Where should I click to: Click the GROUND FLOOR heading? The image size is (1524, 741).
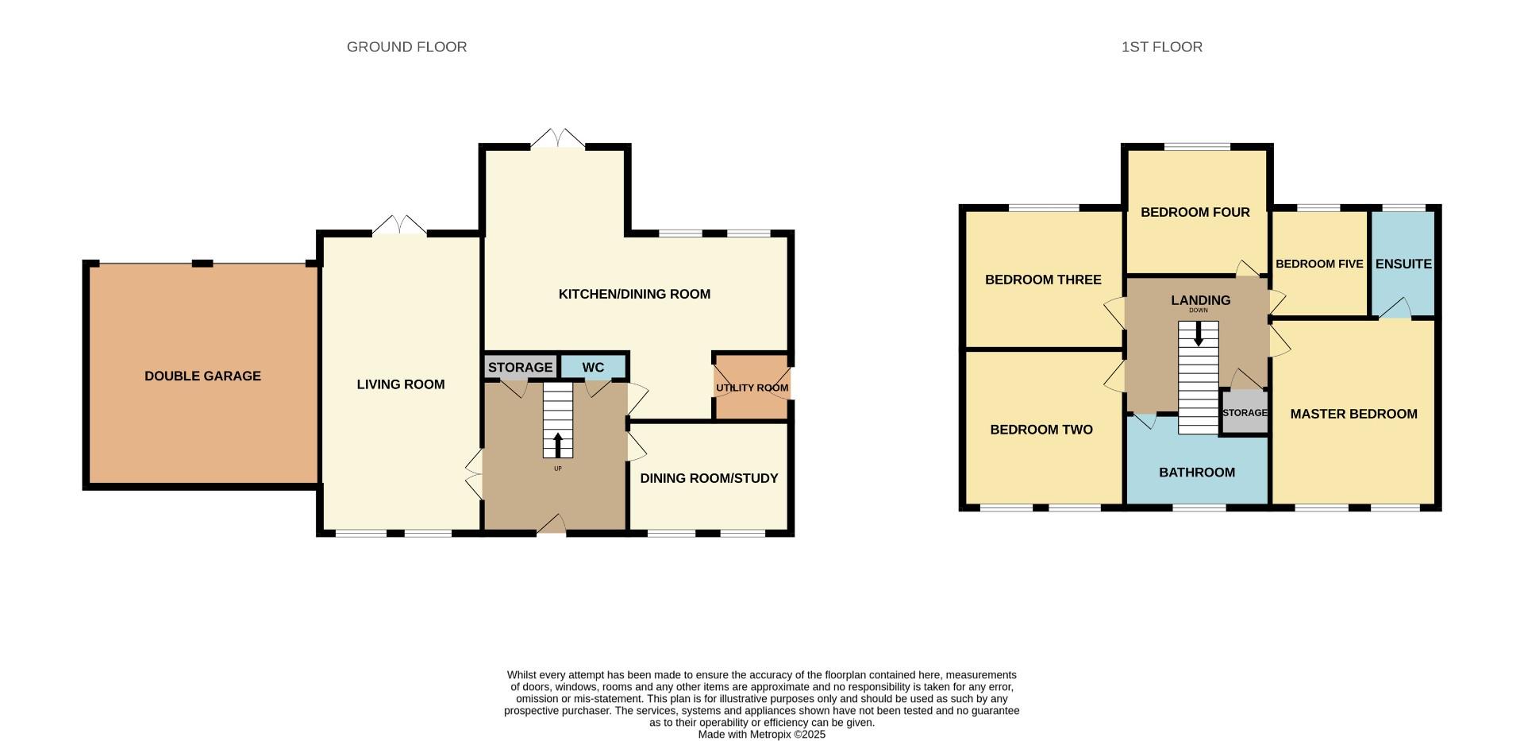(406, 47)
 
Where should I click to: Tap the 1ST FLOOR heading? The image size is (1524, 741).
(1161, 47)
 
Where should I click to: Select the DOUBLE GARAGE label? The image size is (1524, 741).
(202, 376)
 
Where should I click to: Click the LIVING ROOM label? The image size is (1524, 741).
(400, 384)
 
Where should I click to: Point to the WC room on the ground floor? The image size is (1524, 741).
(593, 367)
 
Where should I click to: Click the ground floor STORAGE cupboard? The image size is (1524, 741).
(520, 367)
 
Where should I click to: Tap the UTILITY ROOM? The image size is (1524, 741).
(752, 388)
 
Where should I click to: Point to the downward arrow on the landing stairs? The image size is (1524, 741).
(1198, 333)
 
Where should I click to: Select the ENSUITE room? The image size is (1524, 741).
(1403, 264)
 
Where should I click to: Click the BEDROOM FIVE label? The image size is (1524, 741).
(1319, 264)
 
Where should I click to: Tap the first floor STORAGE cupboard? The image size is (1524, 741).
(1244, 413)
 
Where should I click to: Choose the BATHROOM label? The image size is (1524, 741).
(1197, 473)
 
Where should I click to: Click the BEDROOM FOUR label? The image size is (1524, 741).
(1195, 212)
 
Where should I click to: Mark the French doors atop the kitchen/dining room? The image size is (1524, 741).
(557, 139)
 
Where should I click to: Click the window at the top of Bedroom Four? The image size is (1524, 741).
(1197, 147)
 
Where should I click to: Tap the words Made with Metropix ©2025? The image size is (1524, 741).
(761, 735)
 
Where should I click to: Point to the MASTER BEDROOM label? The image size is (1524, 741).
(1353, 414)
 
